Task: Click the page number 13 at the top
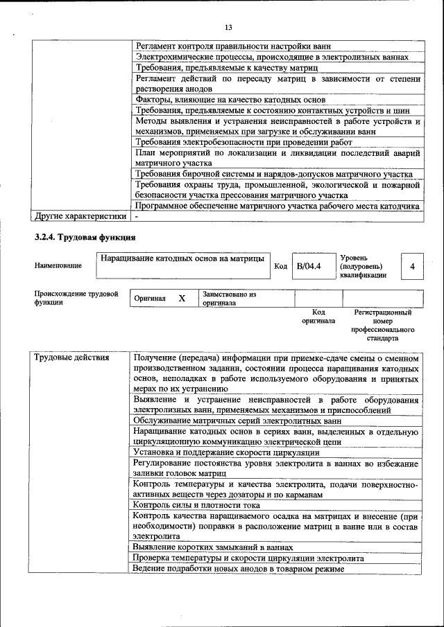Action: [x=228, y=27]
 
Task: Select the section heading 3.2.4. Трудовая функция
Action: [x=80, y=238]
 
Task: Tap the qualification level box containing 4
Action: [x=412, y=266]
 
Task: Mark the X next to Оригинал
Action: [x=182, y=298]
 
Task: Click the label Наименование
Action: [x=58, y=266]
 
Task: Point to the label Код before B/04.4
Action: [x=281, y=266]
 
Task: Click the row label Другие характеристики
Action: [x=80, y=215]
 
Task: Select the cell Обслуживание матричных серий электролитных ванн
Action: [x=237, y=420]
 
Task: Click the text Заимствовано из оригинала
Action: [x=229, y=299]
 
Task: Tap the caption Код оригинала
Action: [x=318, y=317]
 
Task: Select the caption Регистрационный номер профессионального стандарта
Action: [x=382, y=326]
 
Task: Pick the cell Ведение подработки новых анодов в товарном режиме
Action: [x=239, y=569]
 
